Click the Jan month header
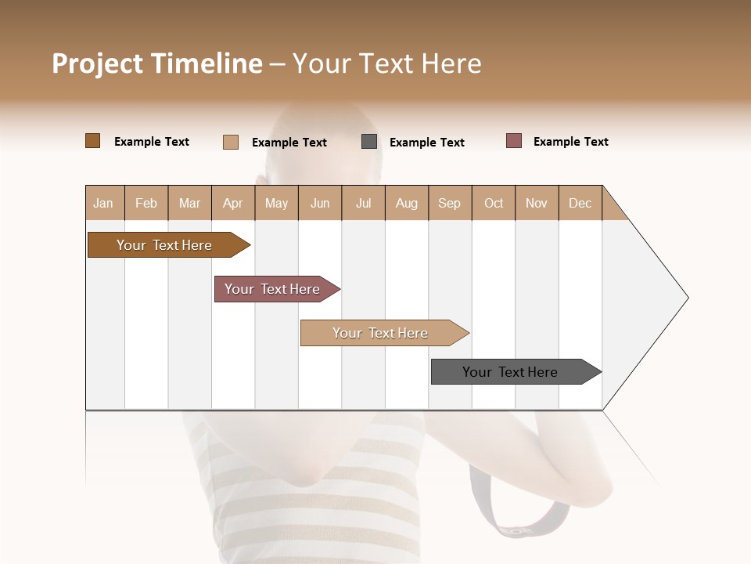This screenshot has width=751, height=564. coord(103,203)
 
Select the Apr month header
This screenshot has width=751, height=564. coord(232,203)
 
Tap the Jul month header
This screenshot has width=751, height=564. coord(363,203)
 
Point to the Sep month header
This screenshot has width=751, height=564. coord(449,203)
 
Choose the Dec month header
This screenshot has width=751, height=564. coord(580,203)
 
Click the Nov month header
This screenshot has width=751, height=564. coord(536,203)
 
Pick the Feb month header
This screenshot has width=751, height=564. coord(146,203)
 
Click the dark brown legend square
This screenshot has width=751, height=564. coord(92,141)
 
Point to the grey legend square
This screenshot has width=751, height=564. coord(369,142)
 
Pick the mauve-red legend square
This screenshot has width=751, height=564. coord(513,141)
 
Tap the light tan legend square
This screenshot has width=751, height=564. coord(230,142)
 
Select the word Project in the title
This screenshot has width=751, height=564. coord(96,63)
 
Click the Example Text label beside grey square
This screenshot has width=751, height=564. coord(426,143)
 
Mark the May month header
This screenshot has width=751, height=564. coord(276,203)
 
